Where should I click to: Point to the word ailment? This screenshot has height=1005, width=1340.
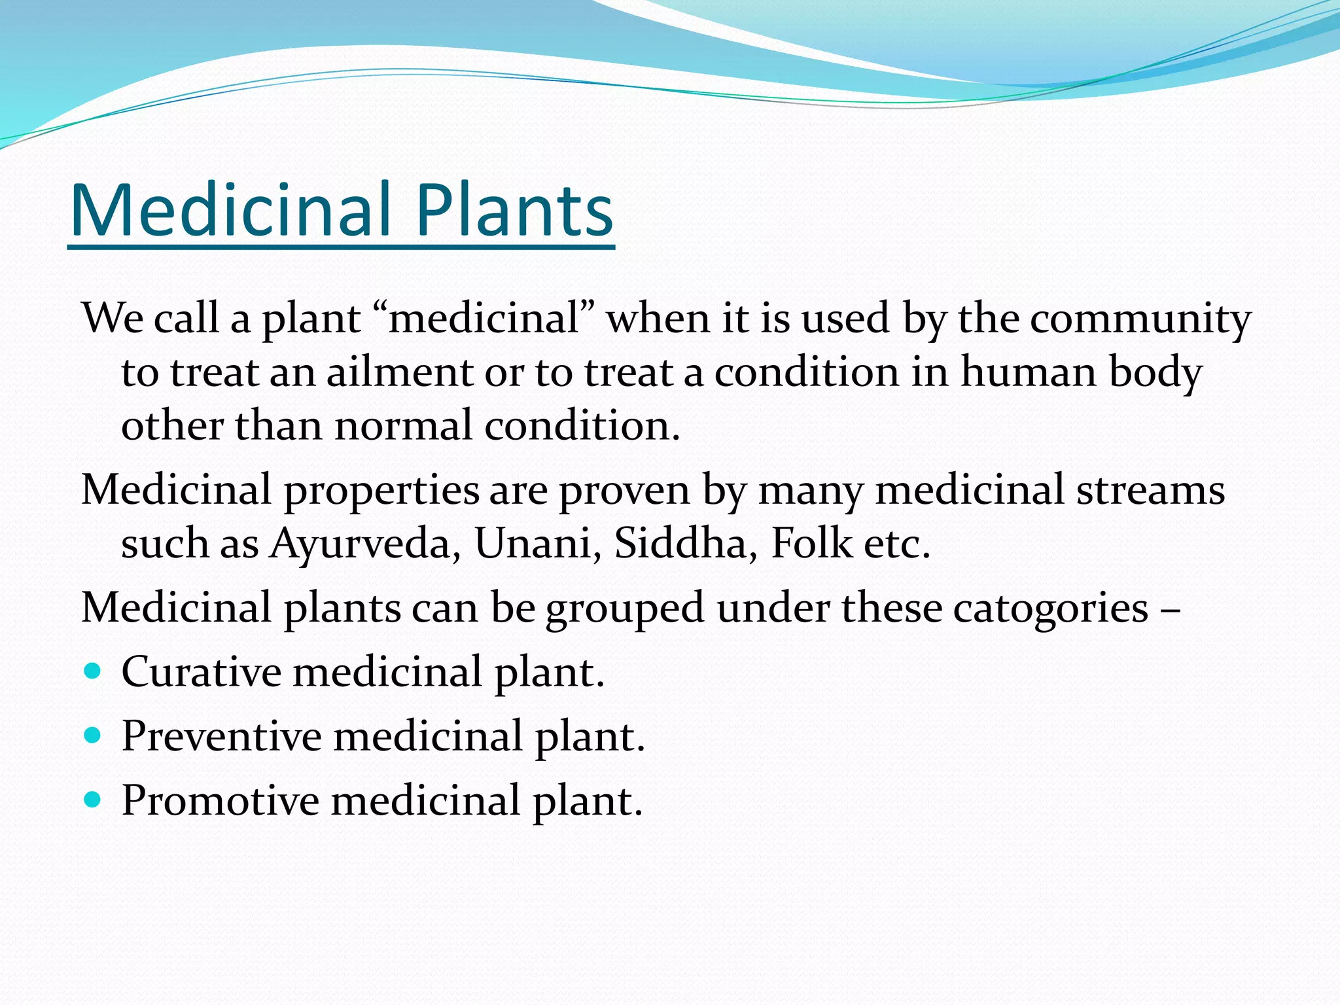tap(400, 373)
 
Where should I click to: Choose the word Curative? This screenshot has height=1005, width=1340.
tap(201, 673)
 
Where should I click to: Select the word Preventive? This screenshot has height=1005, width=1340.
tap(221, 737)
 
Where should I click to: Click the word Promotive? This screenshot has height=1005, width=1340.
tap(220, 801)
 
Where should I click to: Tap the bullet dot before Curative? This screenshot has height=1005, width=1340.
tap(93, 671)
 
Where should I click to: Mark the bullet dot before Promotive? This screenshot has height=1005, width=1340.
tap(93, 799)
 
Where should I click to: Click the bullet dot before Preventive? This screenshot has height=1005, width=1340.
tap(93, 735)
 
